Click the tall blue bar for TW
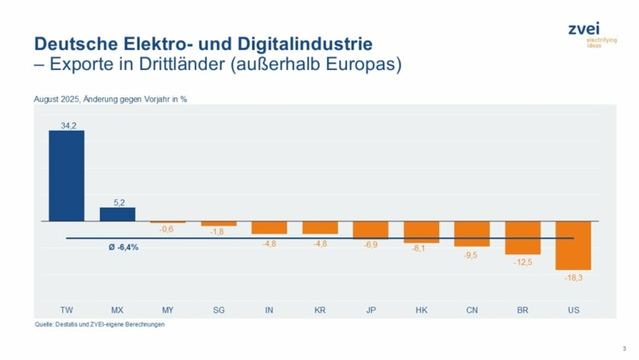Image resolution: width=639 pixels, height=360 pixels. click(67, 176)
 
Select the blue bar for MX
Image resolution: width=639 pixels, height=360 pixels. click(117, 214)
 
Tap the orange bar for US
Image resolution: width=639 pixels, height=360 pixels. click(573, 245)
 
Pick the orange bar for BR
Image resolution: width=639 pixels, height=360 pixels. click(523, 237)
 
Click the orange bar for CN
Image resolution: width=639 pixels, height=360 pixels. click(472, 234)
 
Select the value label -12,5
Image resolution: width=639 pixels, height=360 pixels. click(523, 261)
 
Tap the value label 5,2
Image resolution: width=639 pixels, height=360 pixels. click(117, 202)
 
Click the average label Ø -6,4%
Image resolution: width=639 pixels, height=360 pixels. click(124, 247)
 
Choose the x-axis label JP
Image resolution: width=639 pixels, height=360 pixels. click(370, 311)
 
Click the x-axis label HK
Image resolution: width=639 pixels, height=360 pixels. click(421, 311)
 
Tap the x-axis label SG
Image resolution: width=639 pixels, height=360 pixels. click(219, 311)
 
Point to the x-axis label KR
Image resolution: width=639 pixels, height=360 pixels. click(319, 311)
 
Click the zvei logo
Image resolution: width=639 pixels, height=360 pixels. click(585, 31)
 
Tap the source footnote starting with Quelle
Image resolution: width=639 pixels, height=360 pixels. click(100, 324)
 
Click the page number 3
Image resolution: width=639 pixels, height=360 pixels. click(623, 349)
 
